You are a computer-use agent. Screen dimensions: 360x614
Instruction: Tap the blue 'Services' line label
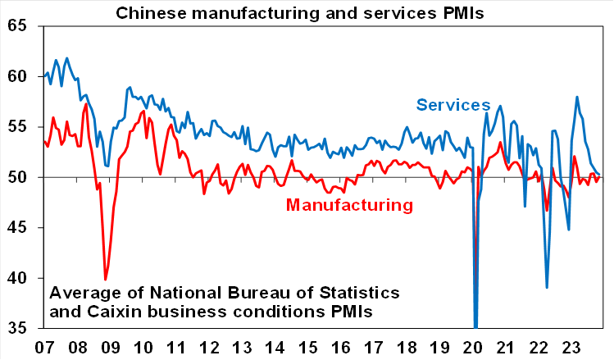(453, 105)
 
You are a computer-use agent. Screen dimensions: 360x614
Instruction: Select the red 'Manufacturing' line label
(348, 204)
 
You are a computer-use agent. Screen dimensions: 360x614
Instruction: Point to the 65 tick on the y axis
(17, 26)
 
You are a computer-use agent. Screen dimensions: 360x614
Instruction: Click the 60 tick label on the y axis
(17, 76)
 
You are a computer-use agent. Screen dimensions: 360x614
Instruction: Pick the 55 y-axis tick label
(17, 127)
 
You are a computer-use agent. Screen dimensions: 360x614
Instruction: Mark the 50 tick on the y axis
(17, 177)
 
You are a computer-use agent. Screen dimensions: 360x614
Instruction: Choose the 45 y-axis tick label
(17, 228)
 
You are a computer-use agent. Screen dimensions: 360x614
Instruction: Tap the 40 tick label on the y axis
(17, 278)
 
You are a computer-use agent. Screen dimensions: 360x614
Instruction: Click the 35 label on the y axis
(17, 328)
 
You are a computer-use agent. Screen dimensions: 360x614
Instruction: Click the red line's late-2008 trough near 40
(105, 280)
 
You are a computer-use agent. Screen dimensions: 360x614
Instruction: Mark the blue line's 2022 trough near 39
(547, 287)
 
